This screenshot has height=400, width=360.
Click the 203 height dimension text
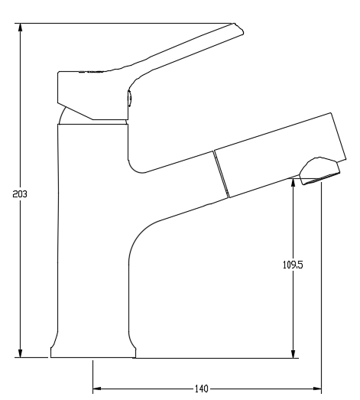coord(21,194)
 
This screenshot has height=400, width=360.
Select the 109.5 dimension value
coord(294,265)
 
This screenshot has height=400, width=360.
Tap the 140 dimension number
coord(201,389)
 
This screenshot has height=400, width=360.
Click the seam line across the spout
coord(220,174)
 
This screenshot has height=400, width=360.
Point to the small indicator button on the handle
coord(129,98)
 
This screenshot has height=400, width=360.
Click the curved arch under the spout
coord(141,237)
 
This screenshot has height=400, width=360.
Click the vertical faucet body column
coord(92,229)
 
